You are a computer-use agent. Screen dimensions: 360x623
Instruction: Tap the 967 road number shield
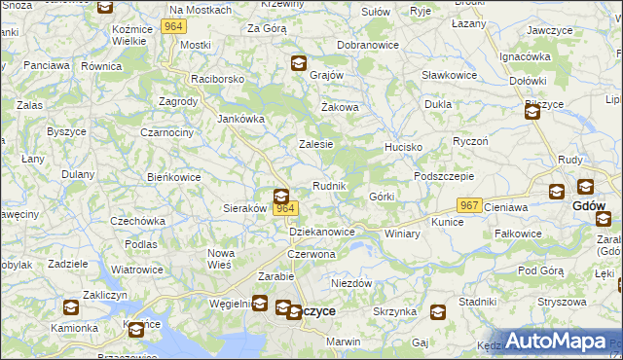point(469,205)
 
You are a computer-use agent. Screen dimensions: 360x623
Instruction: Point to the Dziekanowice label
point(322,232)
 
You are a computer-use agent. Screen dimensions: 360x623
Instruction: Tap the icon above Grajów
point(298,64)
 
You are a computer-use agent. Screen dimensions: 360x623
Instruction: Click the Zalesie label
point(315,143)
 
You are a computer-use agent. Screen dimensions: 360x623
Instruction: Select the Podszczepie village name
point(443,175)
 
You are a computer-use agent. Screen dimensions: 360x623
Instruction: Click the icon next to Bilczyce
point(532,113)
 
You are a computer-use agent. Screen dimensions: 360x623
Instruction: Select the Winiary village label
point(402,234)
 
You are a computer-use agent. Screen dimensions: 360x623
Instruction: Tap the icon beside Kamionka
point(71,308)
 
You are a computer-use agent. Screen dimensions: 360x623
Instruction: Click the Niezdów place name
point(352,282)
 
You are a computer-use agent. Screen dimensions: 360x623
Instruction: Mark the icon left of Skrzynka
point(438,312)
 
